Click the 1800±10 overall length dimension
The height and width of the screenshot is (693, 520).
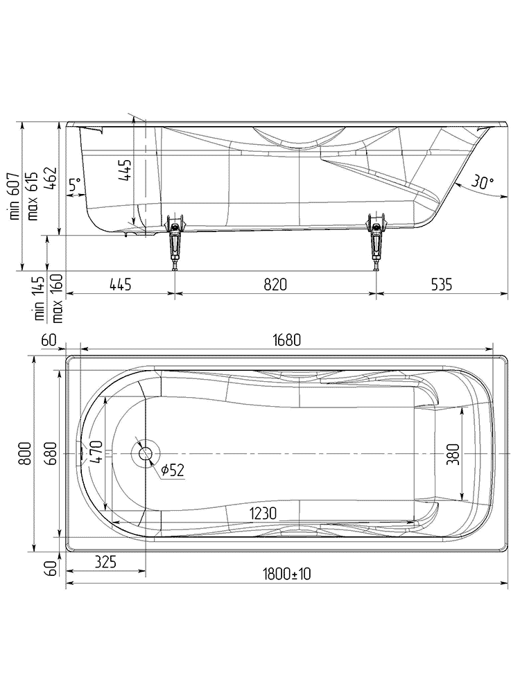click(x=286, y=574)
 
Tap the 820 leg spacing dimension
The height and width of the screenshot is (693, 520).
click(x=275, y=284)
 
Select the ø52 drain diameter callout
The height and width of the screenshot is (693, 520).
click(x=172, y=471)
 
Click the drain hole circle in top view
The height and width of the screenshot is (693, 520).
click(x=146, y=454)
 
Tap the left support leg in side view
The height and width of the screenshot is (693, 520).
click(x=175, y=243)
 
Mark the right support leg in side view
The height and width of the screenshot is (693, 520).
click(x=377, y=243)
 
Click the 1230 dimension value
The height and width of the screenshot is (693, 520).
click(x=263, y=513)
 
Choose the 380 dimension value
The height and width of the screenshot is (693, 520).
click(x=453, y=454)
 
